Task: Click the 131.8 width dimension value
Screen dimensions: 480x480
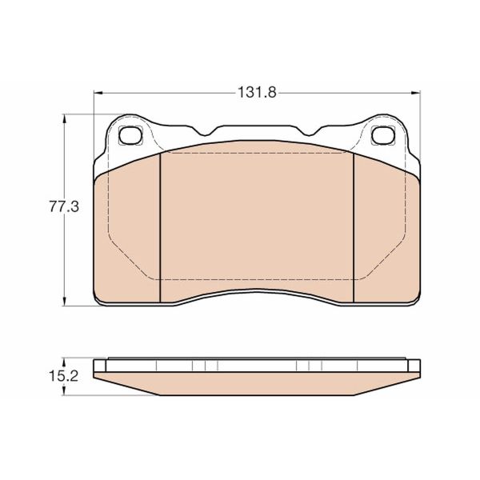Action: pos(256,92)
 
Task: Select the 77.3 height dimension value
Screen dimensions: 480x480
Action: pos(62,207)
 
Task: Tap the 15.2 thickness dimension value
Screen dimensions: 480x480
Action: pos(62,374)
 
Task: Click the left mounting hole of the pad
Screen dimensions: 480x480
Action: pos(129,135)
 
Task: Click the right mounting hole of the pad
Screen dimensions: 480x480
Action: pos(383,135)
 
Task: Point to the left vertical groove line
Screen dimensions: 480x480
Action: pos(161,228)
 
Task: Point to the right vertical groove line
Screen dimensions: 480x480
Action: pos(353,228)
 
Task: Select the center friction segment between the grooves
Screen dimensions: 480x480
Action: pos(256,216)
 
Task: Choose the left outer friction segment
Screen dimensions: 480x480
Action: pos(128,232)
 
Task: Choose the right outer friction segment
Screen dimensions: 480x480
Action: pos(386,232)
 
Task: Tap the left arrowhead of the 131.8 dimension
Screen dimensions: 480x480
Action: pos(99,93)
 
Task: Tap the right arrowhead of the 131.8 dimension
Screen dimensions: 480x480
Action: pos(413,93)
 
